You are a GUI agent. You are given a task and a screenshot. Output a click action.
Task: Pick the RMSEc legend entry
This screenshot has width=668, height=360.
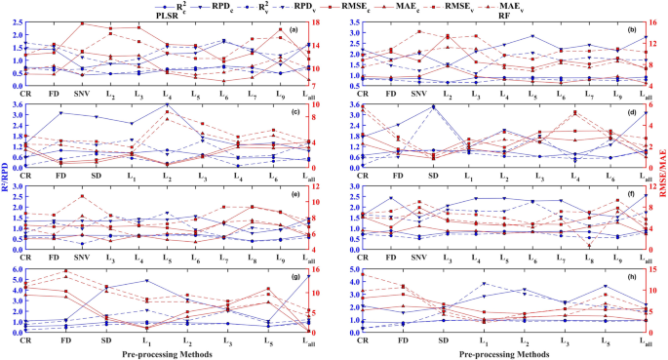(390, 6)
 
